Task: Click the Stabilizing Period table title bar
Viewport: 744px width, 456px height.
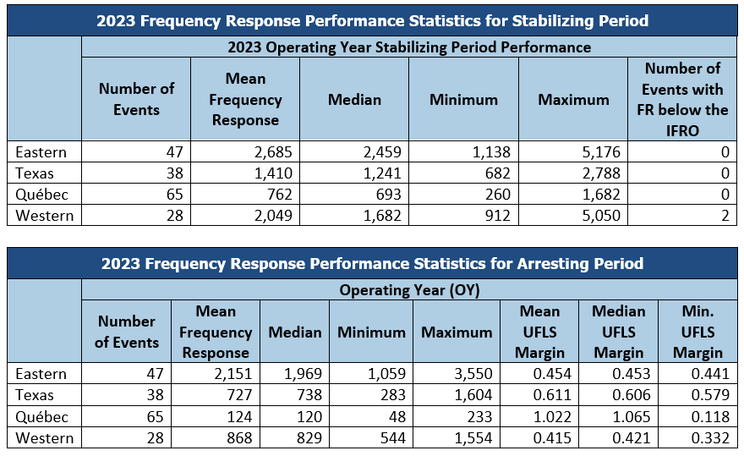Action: point(373,21)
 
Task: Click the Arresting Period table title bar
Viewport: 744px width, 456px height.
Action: point(373,264)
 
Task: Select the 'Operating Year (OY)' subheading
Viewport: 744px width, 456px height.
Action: point(409,289)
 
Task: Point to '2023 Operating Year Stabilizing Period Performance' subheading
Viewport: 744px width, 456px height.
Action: point(409,47)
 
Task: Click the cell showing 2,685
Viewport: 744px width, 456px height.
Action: point(273,152)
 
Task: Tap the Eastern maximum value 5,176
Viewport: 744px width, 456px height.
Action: point(601,152)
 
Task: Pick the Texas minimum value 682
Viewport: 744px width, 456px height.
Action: point(497,173)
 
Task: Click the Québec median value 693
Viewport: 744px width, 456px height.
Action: point(388,195)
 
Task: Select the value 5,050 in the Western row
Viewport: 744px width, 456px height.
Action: point(601,216)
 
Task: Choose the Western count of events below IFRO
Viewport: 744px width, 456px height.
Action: point(725,216)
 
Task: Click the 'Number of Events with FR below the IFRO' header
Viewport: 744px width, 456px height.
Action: point(682,99)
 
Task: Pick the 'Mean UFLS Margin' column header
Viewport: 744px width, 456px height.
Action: point(539,332)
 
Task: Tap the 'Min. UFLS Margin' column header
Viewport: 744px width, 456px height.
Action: point(697,332)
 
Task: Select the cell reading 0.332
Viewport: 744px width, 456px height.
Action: point(710,438)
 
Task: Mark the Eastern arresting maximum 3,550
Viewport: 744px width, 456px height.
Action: point(473,374)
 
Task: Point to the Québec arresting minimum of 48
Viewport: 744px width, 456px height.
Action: point(397,416)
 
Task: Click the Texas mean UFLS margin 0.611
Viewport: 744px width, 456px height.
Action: point(552,395)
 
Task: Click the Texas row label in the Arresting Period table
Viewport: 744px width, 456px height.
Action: point(34,395)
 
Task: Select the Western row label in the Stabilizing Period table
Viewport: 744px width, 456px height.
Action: point(45,216)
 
